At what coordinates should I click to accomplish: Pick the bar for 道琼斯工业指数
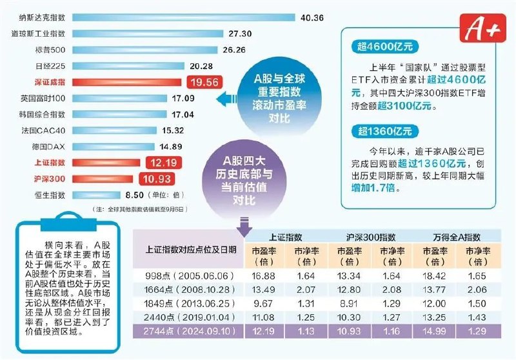coord(148,34)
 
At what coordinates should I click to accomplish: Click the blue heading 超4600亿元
coord(386,46)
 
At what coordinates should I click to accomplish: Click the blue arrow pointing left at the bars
coord(223,99)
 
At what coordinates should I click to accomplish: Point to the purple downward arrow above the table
coord(244,227)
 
